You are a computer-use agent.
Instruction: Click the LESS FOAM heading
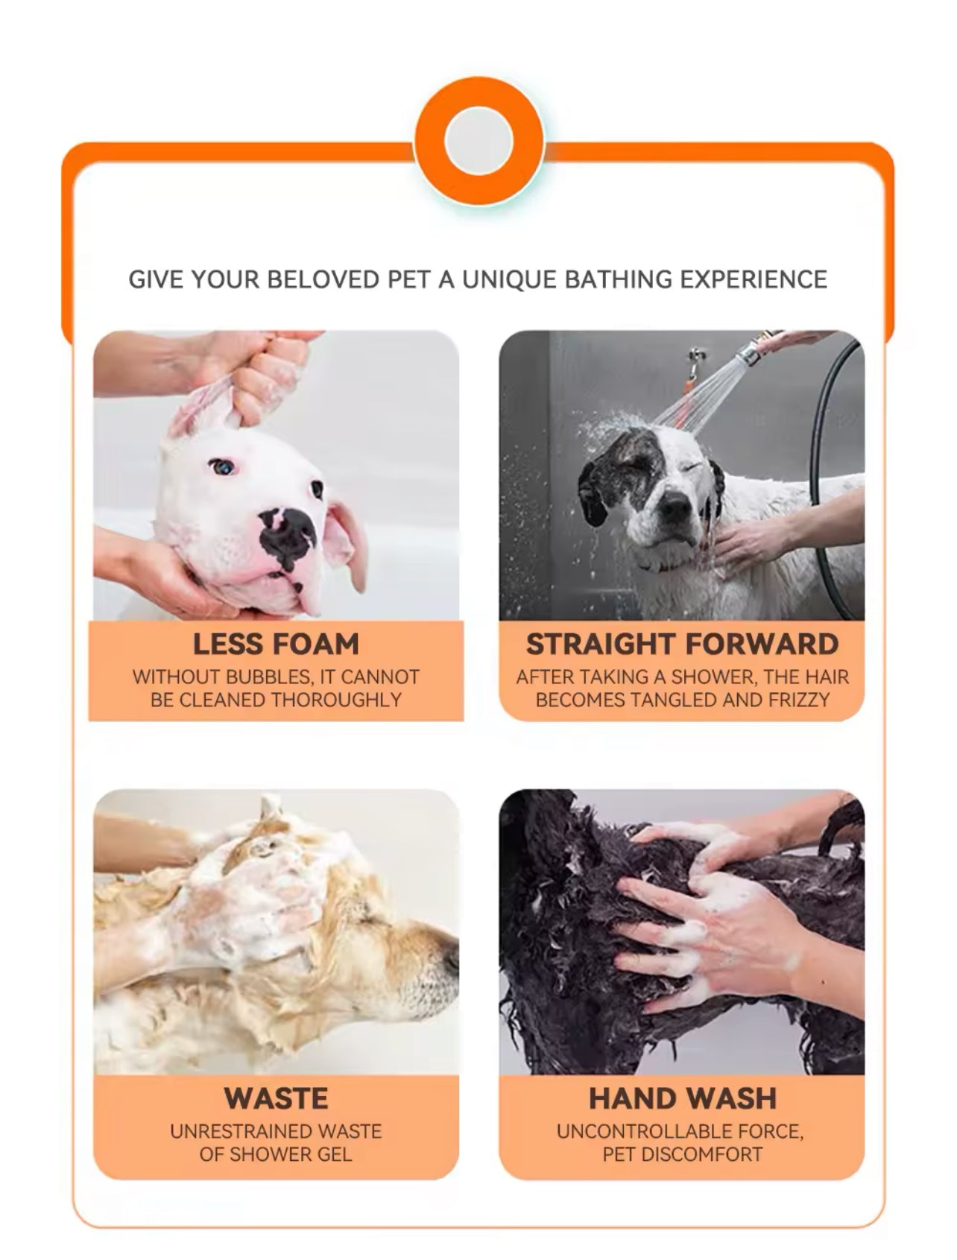276,644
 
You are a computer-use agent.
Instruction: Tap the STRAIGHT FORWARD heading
682,644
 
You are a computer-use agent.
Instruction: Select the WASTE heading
276,1098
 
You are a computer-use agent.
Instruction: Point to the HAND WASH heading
682,1098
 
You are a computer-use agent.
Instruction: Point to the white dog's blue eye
222,467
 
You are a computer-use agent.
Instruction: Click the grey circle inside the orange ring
479,141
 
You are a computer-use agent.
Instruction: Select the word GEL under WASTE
333,1154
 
